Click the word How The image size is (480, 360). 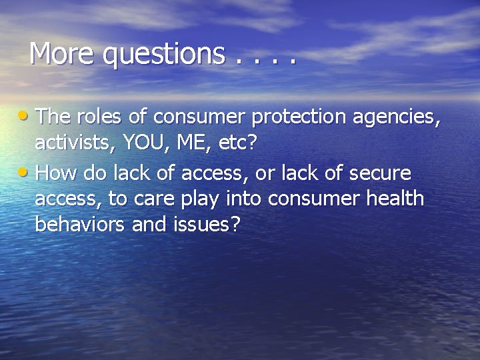pos(53,173)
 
